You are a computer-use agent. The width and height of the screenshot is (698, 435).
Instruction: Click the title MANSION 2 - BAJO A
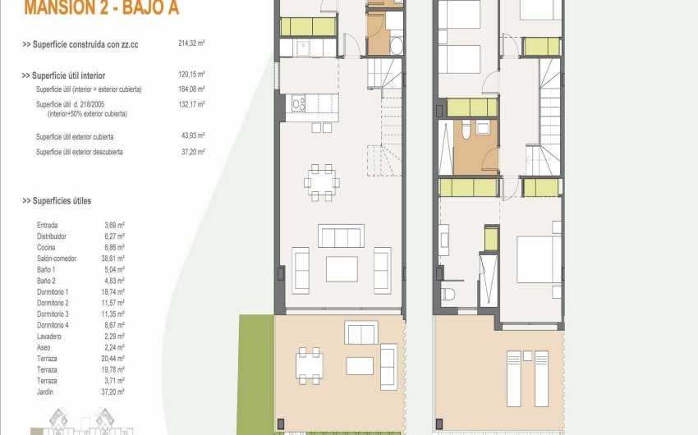(x=101, y=9)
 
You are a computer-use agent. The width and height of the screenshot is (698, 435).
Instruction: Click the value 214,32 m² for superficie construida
(x=191, y=43)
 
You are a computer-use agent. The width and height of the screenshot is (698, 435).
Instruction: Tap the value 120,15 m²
(x=191, y=76)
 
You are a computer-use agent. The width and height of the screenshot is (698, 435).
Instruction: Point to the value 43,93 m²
(x=191, y=136)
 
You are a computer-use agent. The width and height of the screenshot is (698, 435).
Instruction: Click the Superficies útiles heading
(x=57, y=201)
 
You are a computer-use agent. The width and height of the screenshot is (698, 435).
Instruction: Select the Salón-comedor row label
(x=57, y=259)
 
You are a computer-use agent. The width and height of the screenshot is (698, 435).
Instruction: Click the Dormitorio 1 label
(x=53, y=292)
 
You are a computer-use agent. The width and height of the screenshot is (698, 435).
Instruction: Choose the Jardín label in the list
(x=46, y=391)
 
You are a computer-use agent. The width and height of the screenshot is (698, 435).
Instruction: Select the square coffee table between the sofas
(x=342, y=269)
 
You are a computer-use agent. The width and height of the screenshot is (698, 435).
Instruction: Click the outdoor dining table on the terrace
(x=310, y=365)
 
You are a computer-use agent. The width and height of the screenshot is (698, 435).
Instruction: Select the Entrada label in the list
(x=48, y=225)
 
